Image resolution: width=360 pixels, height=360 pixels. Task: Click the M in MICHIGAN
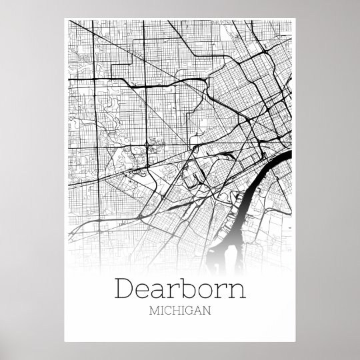[156, 311]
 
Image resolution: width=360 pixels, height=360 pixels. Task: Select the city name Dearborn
[181, 289]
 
